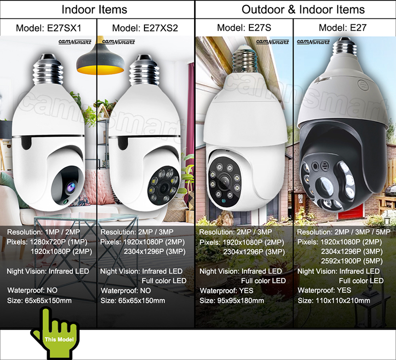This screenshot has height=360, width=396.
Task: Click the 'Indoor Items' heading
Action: pos(94,9)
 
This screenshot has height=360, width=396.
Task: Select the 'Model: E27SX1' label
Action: pos(49,28)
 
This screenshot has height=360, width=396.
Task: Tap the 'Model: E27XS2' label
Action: pos(145,28)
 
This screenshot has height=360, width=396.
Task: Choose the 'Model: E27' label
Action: pos(343,28)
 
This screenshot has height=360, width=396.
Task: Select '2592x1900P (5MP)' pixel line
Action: pos(351,261)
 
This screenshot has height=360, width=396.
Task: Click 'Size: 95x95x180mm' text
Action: pos(231,301)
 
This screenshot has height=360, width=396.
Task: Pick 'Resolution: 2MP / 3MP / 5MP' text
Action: pos(340,232)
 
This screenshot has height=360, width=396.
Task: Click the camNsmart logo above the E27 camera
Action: pos(313,43)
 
